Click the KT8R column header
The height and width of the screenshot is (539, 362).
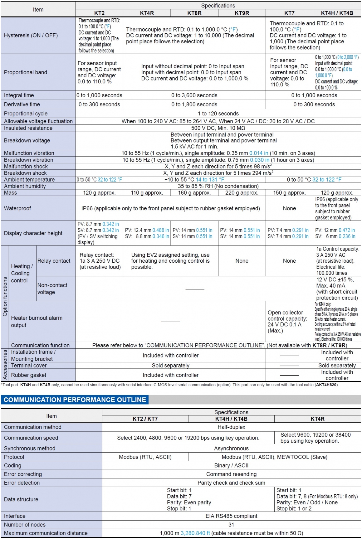[194, 13]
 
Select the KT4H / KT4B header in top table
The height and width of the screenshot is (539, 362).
[337, 13]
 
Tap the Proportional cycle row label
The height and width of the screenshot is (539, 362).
[26, 114]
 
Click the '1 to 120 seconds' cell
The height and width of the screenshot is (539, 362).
[218, 114]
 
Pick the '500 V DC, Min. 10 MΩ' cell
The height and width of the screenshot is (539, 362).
[218, 128]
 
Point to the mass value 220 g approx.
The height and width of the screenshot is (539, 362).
[242, 193]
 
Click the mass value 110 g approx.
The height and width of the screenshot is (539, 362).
[147, 193]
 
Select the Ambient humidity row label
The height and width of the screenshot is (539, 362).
[25, 186]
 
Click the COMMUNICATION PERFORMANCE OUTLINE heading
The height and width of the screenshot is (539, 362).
[75, 400]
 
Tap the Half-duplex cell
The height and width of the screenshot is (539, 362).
[231, 427]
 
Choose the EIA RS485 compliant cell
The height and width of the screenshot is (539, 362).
[231, 516]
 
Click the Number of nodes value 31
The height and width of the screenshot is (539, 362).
[231, 525]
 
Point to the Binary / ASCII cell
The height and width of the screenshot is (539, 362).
[231, 465]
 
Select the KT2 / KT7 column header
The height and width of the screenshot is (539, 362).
[145, 419]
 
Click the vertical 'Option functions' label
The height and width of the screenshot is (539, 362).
[5, 297]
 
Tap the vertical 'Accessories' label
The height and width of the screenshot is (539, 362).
[5, 365]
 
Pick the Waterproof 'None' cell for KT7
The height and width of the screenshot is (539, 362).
[289, 208]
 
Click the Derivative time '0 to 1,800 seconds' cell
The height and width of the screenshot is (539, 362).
[194, 104]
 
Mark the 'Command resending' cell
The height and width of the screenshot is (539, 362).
[231, 474]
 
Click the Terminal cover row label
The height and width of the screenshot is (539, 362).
[29, 366]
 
